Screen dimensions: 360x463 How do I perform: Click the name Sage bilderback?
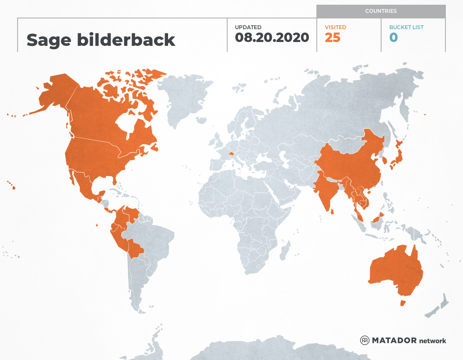coord(101,40)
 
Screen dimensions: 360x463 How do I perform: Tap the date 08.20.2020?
coord(272,38)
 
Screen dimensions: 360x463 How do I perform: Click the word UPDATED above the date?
coord(248,27)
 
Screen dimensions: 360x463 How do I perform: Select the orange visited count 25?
coord(332,38)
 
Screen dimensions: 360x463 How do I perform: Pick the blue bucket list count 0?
coord(393,38)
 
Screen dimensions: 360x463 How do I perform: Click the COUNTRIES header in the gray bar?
coord(381,11)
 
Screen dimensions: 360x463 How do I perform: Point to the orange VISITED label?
coord(335,27)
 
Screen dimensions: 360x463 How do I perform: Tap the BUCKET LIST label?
coord(406,27)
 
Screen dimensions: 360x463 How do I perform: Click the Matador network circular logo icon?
coord(365,340)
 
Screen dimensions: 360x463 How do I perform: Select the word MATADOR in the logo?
coord(394,340)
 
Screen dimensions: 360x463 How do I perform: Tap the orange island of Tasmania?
coord(403,303)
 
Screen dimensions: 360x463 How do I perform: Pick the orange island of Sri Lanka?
coord(331,210)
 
